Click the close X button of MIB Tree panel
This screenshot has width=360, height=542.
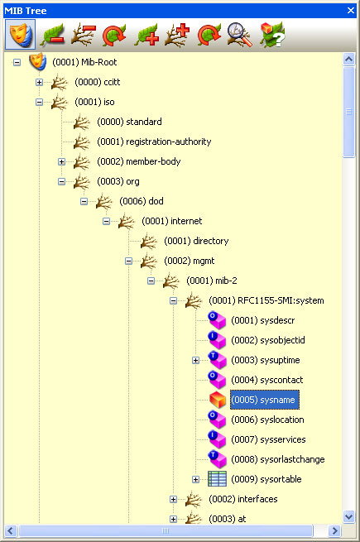coord(352,11)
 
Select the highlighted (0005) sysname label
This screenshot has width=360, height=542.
coord(264,400)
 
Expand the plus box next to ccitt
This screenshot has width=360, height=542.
coord(39,82)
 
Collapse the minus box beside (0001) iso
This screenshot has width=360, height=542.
coord(39,102)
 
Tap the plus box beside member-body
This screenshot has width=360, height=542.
coord(61,161)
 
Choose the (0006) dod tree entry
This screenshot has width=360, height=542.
coord(142,201)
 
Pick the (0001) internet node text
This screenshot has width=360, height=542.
coord(171,221)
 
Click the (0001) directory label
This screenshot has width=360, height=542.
coord(195,241)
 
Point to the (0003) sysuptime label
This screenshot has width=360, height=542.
coord(266,360)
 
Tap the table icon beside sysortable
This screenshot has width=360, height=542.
coord(217,479)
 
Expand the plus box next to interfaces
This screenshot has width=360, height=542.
coord(173,499)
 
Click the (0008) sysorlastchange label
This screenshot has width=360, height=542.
coord(277,459)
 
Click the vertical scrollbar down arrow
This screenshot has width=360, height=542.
coord(348,516)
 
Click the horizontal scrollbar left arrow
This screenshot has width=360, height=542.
coord(11,530)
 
